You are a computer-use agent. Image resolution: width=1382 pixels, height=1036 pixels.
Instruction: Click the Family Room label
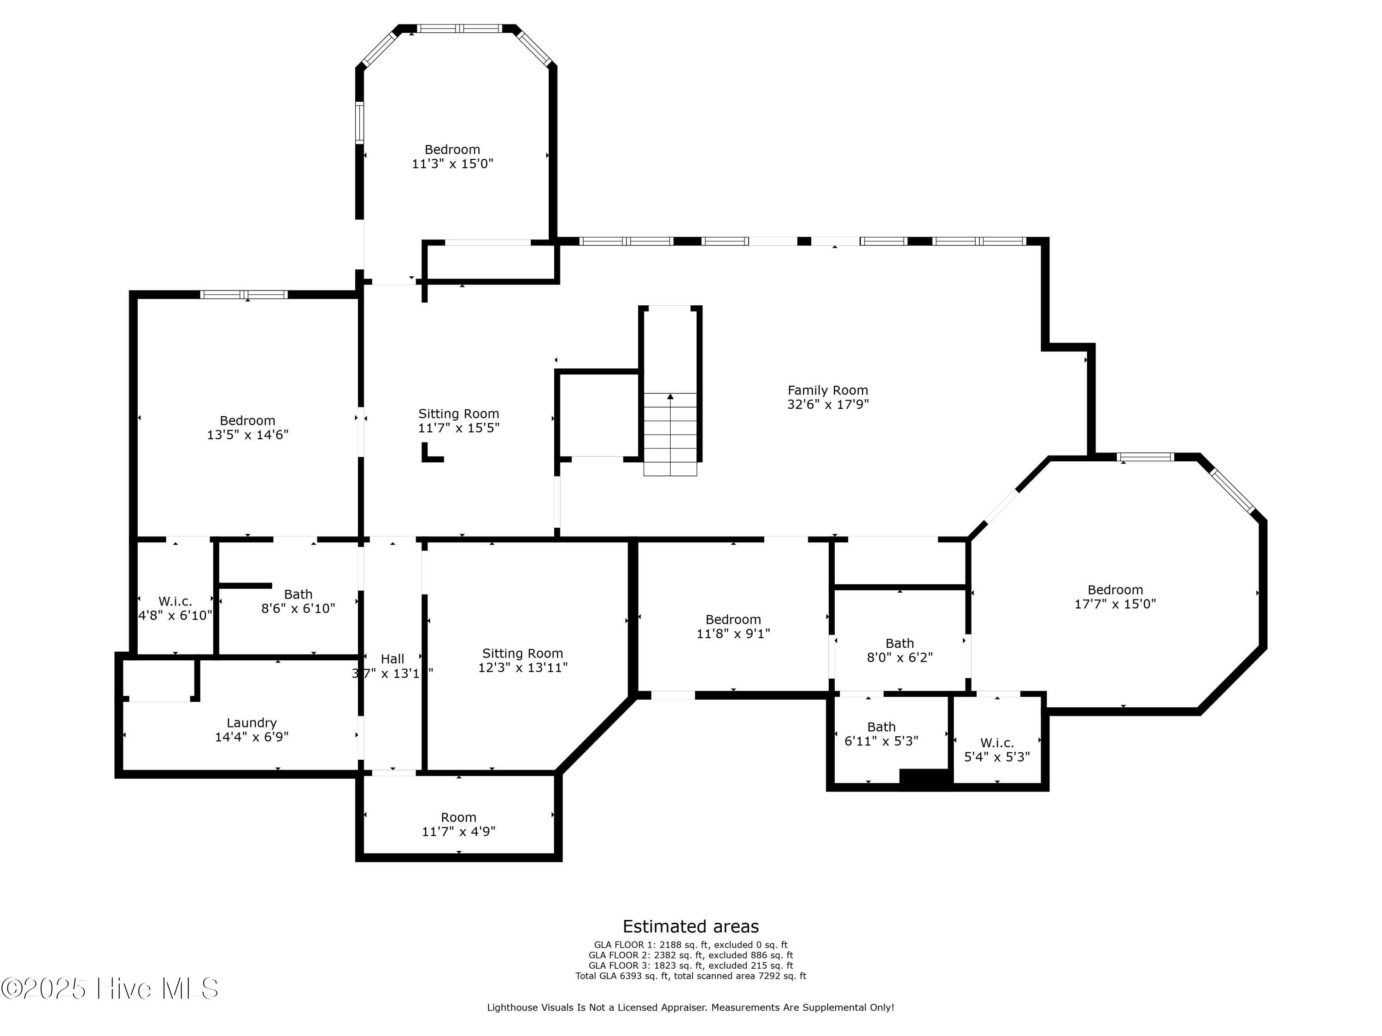828,390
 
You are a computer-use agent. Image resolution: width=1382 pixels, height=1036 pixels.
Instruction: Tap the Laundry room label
252,722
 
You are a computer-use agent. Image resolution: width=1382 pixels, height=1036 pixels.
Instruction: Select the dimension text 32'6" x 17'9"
828,404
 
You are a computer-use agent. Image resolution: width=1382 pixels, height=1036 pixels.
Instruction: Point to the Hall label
392,659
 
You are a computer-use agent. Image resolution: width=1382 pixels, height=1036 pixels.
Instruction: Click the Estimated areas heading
691,926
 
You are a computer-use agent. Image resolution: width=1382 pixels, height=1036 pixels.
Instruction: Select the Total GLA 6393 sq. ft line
691,975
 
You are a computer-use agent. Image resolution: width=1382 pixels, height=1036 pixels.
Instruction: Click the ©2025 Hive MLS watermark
110,989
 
